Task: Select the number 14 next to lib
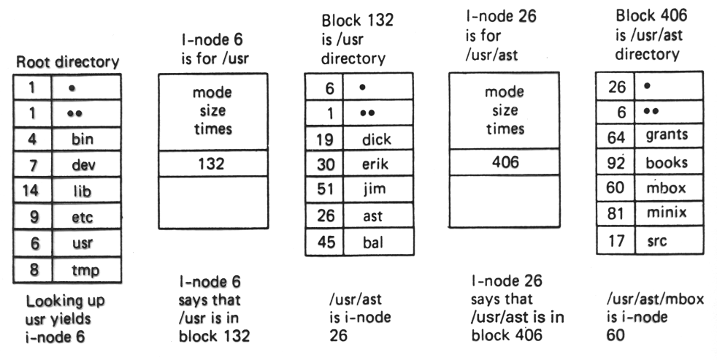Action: pyautogui.click(x=33, y=191)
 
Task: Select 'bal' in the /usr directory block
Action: pyautogui.click(x=374, y=243)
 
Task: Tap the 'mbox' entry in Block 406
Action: pyautogui.click(x=661, y=188)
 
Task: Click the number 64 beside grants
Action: pyautogui.click(x=615, y=135)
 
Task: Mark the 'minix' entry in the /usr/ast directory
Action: pyautogui.click(x=661, y=214)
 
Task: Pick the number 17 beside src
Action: pyautogui.click(x=615, y=240)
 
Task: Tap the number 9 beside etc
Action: pyautogui.click(x=33, y=218)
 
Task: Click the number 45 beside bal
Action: pyautogui.click(x=325, y=243)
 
